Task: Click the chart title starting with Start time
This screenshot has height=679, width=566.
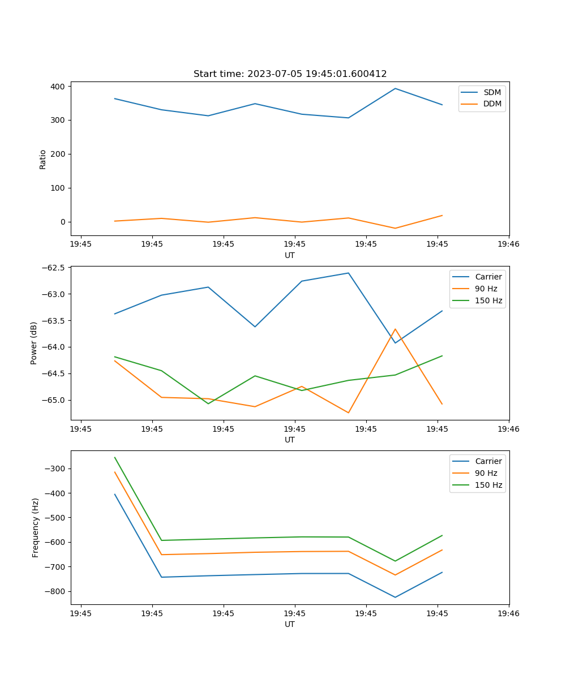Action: coord(290,74)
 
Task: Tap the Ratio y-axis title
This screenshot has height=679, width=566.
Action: coord(43,159)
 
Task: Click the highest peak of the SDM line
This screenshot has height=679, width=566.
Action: coord(395,88)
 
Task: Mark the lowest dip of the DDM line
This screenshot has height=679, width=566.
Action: coord(395,228)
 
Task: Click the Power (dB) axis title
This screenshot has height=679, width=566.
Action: coord(34,343)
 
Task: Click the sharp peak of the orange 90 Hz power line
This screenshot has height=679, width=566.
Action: coord(395,329)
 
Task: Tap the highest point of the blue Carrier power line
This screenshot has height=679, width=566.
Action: coord(348,273)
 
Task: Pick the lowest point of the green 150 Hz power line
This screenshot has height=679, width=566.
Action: coord(208,403)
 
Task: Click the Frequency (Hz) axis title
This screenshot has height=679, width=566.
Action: coord(36,527)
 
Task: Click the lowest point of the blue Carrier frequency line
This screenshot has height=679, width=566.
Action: coord(395,597)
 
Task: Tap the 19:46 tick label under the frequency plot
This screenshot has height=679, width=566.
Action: coord(508,613)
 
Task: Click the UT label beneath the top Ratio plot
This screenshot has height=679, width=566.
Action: coord(290,255)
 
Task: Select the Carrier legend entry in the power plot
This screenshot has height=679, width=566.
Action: coord(488,277)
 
